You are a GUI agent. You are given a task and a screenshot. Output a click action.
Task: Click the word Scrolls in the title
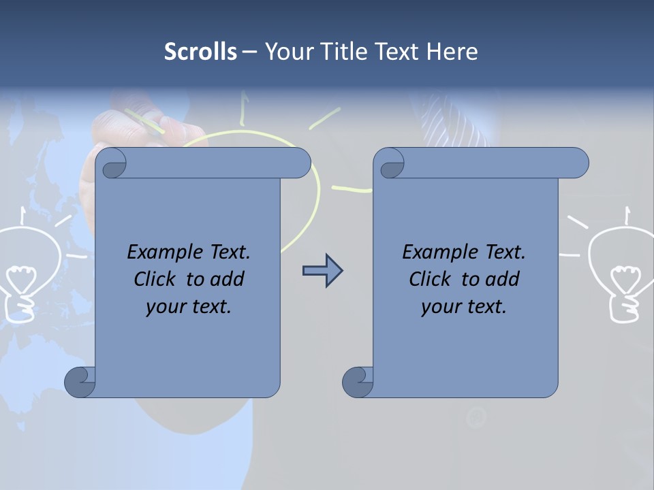click(200, 52)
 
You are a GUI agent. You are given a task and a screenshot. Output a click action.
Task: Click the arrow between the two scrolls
click(322, 271)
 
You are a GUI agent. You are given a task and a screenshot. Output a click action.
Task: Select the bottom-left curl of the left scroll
click(80, 382)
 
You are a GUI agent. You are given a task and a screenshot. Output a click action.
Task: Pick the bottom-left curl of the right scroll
click(358, 382)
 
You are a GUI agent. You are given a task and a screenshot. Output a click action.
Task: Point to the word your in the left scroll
click(164, 307)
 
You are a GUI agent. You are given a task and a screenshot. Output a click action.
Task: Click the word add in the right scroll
click(503, 280)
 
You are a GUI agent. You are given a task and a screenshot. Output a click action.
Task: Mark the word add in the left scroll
click(228, 280)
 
